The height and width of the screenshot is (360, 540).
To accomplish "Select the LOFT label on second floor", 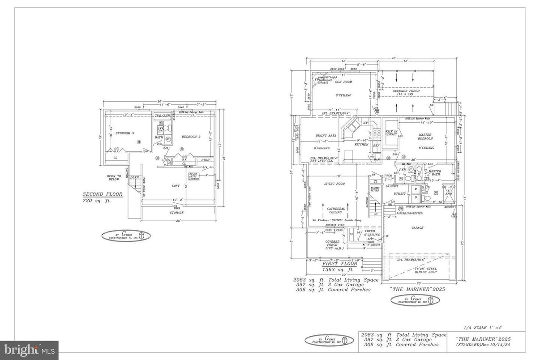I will click(x=176, y=186).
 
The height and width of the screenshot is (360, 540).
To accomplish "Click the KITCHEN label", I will click(x=361, y=145).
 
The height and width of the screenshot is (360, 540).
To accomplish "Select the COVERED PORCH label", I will click(x=332, y=244).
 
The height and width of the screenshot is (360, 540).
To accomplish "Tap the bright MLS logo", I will click(x=29, y=348).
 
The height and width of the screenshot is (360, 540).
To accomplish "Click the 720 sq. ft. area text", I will click(x=96, y=201).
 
